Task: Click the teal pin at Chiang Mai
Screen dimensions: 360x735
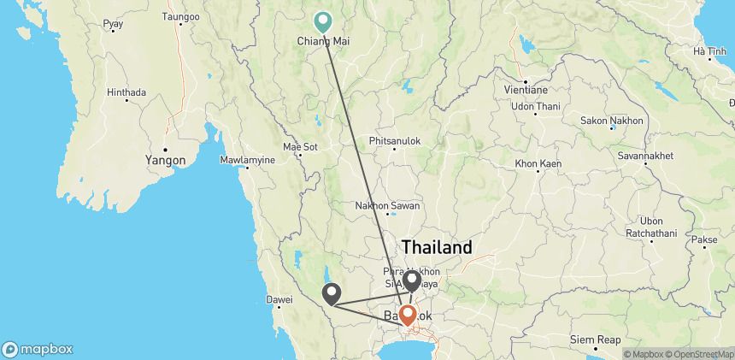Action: (324, 21)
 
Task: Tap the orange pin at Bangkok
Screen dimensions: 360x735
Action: (409, 315)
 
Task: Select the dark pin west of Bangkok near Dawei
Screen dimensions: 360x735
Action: (332, 293)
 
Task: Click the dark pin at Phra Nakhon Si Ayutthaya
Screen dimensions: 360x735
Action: (412, 279)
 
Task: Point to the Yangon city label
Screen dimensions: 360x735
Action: (165, 159)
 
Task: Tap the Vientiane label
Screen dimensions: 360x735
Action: (526, 89)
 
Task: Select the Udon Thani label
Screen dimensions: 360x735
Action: (535, 106)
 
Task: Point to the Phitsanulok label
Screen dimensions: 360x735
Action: (394, 139)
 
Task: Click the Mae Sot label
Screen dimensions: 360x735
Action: (299, 146)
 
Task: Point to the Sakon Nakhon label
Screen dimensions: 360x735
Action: (614, 121)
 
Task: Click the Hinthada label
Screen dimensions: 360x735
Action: (126, 92)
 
